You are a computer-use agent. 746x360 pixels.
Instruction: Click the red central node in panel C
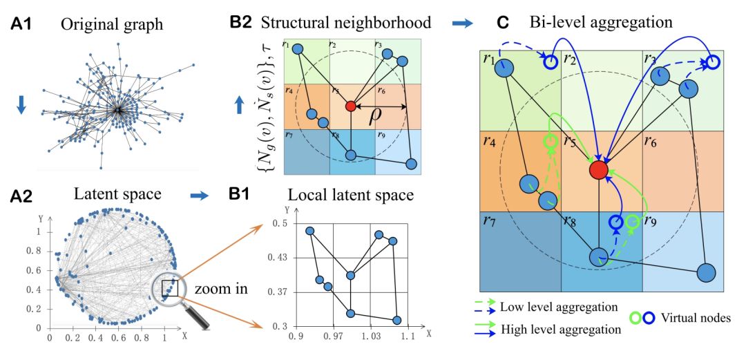(x=600, y=170)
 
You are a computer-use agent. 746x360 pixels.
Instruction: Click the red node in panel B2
(x=350, y=106)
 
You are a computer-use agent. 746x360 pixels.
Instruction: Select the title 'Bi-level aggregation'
(x=601, y=22)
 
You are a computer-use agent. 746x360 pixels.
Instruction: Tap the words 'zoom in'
(x=220, y=288)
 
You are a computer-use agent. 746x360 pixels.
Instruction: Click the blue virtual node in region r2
(x=551, y=62)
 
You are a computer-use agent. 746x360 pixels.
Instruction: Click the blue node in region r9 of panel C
(x=706, y=272)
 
